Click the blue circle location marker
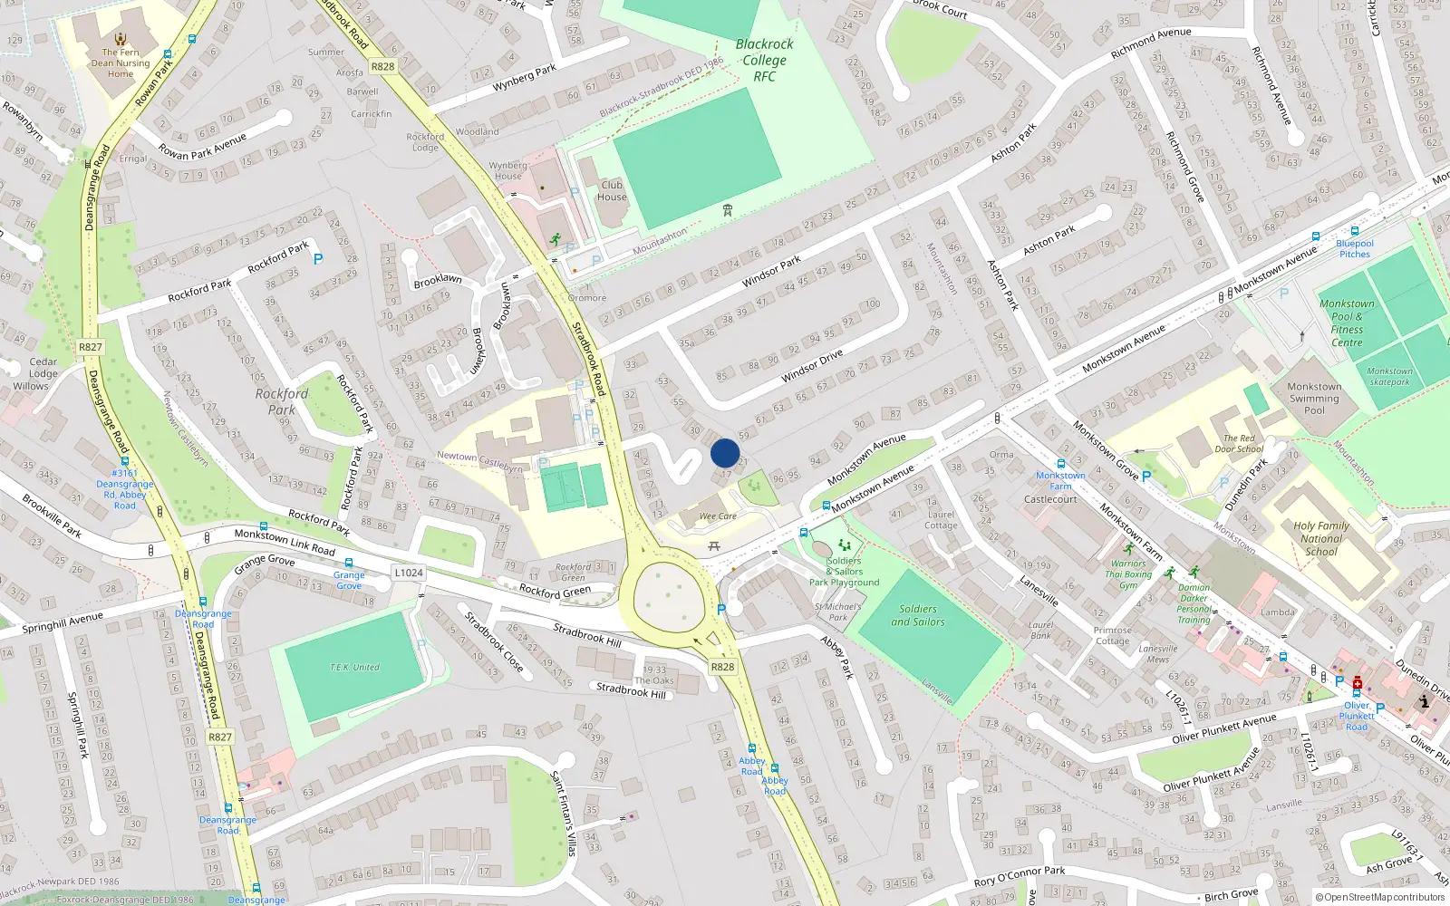725,453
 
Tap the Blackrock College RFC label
764,60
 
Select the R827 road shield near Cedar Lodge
91,347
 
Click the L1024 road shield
409,573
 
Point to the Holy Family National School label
1320,538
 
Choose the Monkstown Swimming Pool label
1313,399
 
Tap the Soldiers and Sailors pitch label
917,615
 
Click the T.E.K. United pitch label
354,668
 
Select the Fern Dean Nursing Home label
121,63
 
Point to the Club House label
612,190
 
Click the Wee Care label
718,516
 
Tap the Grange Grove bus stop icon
349,563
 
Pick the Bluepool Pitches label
1355,248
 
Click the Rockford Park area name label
281,401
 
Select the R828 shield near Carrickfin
382,66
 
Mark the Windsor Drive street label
812,365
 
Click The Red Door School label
1239,443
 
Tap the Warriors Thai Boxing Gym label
1128,573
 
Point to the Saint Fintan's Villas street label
564,813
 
